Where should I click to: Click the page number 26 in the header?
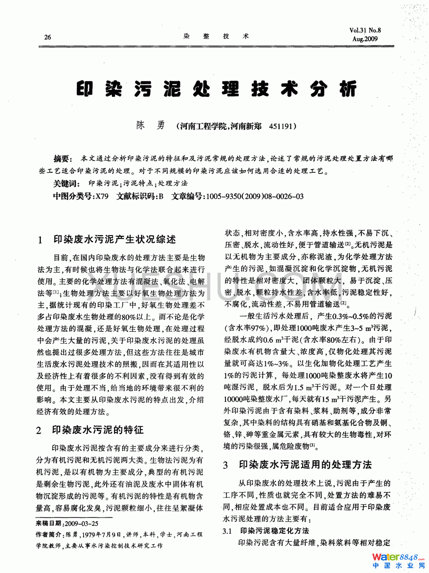click(48, 37)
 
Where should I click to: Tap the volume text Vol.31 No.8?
click(365, 30)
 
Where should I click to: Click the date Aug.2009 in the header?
click(365, 39)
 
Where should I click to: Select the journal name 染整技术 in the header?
click(216, 36)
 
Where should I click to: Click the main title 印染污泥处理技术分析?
click(216, 89)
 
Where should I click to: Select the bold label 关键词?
click(66, 183)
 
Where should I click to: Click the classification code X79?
click(102, 196)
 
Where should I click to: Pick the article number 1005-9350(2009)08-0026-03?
click(255, 196)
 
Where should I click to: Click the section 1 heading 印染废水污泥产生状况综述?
click(115, 239)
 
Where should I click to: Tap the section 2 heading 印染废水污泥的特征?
click(98, 430)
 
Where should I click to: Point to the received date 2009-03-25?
click(82, 523)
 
